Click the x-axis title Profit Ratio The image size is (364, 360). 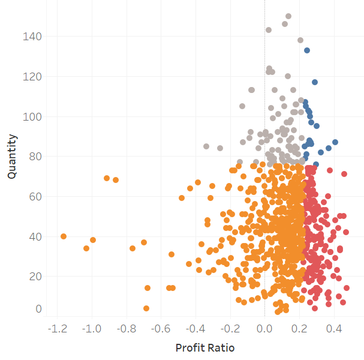[x=204, y=348]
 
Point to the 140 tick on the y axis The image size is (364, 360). [x=33, y=37]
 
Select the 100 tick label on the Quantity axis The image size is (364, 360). [x=33, y=116]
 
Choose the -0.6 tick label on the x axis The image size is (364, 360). [x=161, y=329]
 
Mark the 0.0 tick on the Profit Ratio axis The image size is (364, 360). [x=265, y=329]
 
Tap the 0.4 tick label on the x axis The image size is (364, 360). [x=334, y=329]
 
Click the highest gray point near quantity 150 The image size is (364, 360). [x=288, y=16]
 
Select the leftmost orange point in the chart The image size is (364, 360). [x=64, y=236]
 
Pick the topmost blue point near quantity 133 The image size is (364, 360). [x=307, y=50]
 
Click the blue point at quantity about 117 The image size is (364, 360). [x=315, y=82]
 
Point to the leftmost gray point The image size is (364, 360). [x=206, y=146]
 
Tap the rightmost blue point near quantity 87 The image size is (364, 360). [x=335, y=142]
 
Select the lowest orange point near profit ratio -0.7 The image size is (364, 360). [x=146, y=308]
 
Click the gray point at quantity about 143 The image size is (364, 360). [x=269, y=29]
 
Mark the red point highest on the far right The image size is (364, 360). [x=344, y=174]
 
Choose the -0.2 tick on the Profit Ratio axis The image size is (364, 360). [x=230, y=329]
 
